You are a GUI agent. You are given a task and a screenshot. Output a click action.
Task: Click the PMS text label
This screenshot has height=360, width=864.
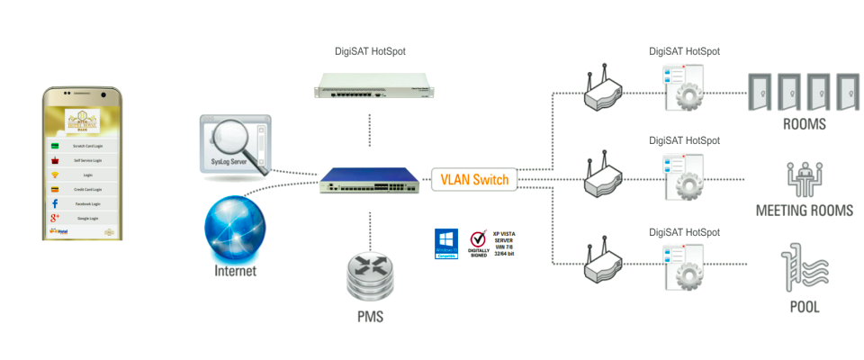(370, 317)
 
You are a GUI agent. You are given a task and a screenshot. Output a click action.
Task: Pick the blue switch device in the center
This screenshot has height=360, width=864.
(369, 181)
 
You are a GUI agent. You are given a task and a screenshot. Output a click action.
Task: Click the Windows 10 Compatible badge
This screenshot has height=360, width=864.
(446, 243)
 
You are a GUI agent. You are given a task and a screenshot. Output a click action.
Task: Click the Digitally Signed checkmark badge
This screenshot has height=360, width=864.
(476, 243)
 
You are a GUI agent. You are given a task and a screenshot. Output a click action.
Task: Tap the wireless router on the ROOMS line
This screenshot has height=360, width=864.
(601, 92)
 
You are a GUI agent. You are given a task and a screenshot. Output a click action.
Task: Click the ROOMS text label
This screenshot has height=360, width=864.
(805, 125)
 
